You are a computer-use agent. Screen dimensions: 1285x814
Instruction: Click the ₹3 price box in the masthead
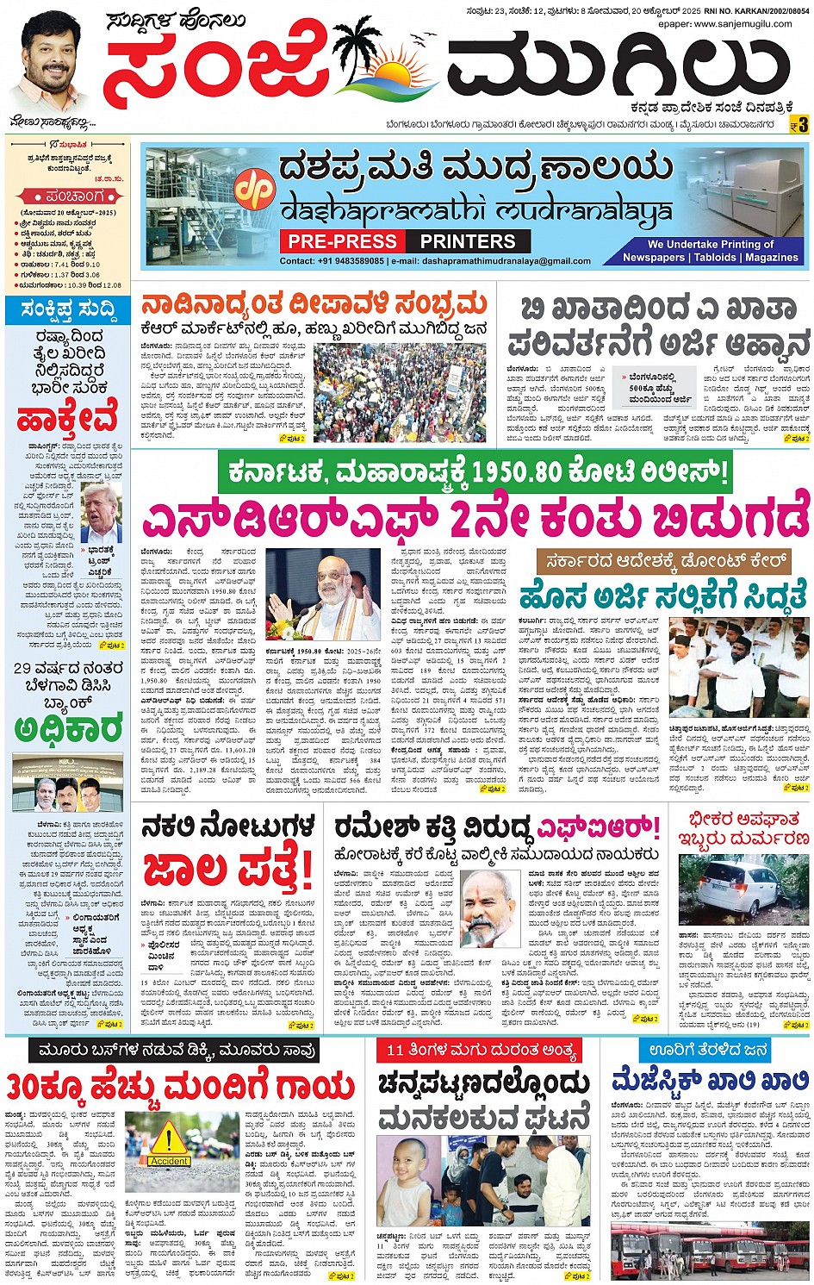click(x=799, y=126)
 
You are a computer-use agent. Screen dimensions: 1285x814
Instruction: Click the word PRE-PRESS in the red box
click(x=342, y=241)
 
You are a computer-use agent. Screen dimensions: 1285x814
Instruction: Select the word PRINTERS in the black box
click(x=468, y=241)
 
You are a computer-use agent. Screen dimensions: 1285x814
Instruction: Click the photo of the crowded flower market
click(x=399, y=392)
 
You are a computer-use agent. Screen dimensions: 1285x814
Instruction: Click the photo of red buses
click(x=710, y=1251)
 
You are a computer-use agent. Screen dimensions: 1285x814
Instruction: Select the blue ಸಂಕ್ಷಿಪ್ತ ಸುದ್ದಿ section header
click(x=67, y=309)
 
